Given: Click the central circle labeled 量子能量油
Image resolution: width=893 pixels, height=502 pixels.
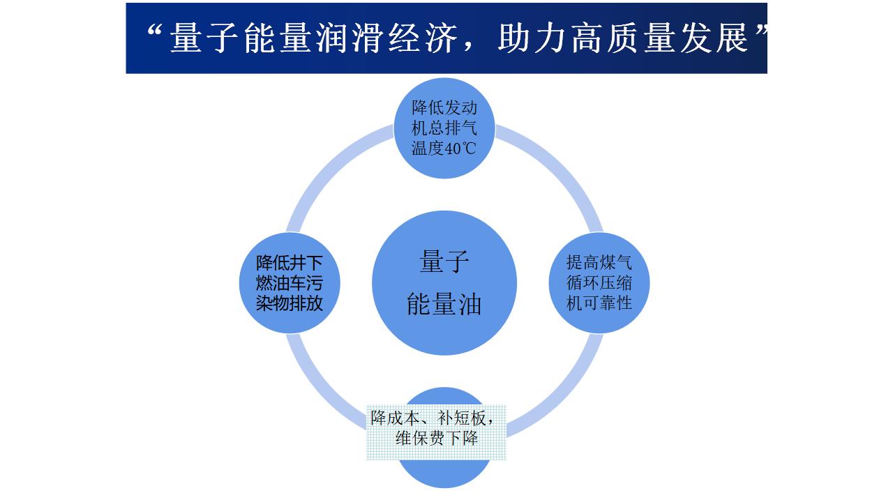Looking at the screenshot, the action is point(444,283).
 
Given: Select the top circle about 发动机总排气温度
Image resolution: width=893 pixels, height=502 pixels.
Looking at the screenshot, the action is point(444,128).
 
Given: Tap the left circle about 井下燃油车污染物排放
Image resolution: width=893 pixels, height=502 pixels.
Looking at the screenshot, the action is point(290,283).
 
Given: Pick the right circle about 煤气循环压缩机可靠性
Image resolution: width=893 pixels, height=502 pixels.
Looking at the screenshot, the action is point(599,283).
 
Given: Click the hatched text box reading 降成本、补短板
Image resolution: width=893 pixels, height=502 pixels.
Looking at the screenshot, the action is point(436,432).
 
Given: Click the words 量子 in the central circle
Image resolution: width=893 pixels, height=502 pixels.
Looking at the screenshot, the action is point(444,261).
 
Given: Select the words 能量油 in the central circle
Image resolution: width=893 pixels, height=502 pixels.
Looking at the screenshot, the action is point(444,304).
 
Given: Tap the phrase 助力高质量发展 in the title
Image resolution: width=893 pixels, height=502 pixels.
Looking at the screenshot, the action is point(622,38).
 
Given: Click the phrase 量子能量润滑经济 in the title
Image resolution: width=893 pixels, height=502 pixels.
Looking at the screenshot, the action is point(313,38).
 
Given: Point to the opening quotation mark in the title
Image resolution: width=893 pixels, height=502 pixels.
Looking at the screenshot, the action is point(154,31).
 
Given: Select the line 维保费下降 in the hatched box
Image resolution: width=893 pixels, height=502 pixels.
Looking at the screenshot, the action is point(437,439).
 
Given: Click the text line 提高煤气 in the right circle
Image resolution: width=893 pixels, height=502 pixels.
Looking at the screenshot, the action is point(599,263).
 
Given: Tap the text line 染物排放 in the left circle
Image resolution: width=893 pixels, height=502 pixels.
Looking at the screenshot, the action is point(290,303).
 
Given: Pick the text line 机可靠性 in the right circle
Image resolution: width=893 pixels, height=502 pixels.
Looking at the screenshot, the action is point(599,303).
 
